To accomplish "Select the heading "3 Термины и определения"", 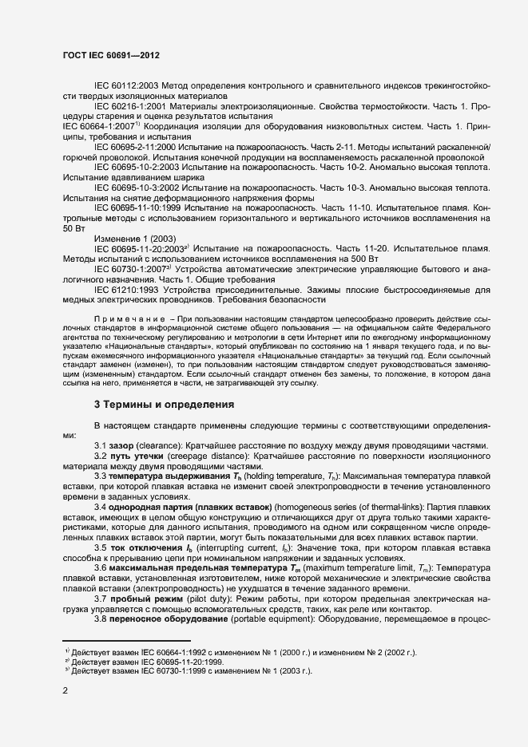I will click(164, 405).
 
